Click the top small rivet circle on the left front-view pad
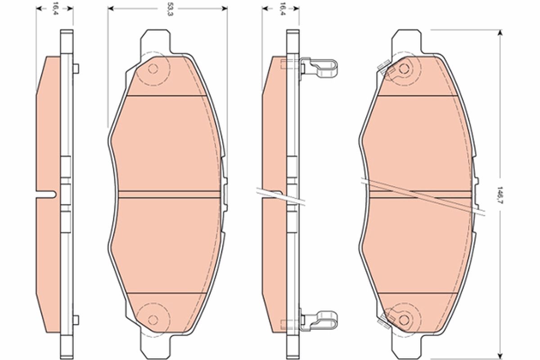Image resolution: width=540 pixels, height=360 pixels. point(153,69)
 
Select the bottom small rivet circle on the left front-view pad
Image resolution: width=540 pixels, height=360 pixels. point(153,319)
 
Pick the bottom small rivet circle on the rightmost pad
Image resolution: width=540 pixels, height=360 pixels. point(404,319)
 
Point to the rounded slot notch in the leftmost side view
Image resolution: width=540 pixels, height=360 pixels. point(49,194)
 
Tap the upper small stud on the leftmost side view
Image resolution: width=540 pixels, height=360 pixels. point(76,68)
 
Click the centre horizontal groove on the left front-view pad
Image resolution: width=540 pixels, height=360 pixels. point(166,194)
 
